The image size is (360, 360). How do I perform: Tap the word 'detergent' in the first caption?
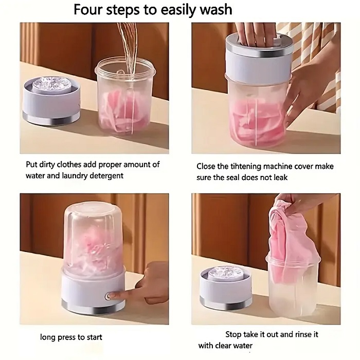click(x=106, y=176)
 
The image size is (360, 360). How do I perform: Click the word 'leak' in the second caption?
click(x=280, y=177)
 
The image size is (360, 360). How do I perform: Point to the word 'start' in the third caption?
click(x=94, y=337)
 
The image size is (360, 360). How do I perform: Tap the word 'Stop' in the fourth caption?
click(x=233, y=334)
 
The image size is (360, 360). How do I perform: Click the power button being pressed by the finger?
click(x=107, y=296)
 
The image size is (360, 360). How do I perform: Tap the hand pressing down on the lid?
click(x=256, y=34)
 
